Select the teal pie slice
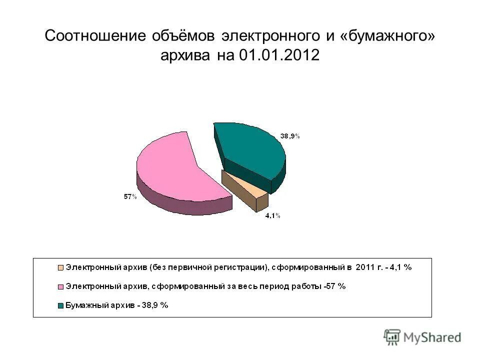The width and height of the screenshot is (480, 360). (x=250, y=150)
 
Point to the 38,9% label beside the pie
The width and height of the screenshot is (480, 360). (x=289, y=136)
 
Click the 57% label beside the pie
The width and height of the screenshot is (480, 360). (x=130, y=197)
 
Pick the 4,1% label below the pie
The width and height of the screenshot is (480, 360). (x=272, y=215)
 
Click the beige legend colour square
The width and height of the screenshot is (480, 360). (x=61, y=267)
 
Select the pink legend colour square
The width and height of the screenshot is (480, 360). (x=61, y=286)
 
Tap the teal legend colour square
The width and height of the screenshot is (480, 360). (x=61, y=305)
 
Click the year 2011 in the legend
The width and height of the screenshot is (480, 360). (x=365, y=267)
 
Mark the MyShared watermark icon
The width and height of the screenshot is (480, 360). (x=392, y=337)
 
